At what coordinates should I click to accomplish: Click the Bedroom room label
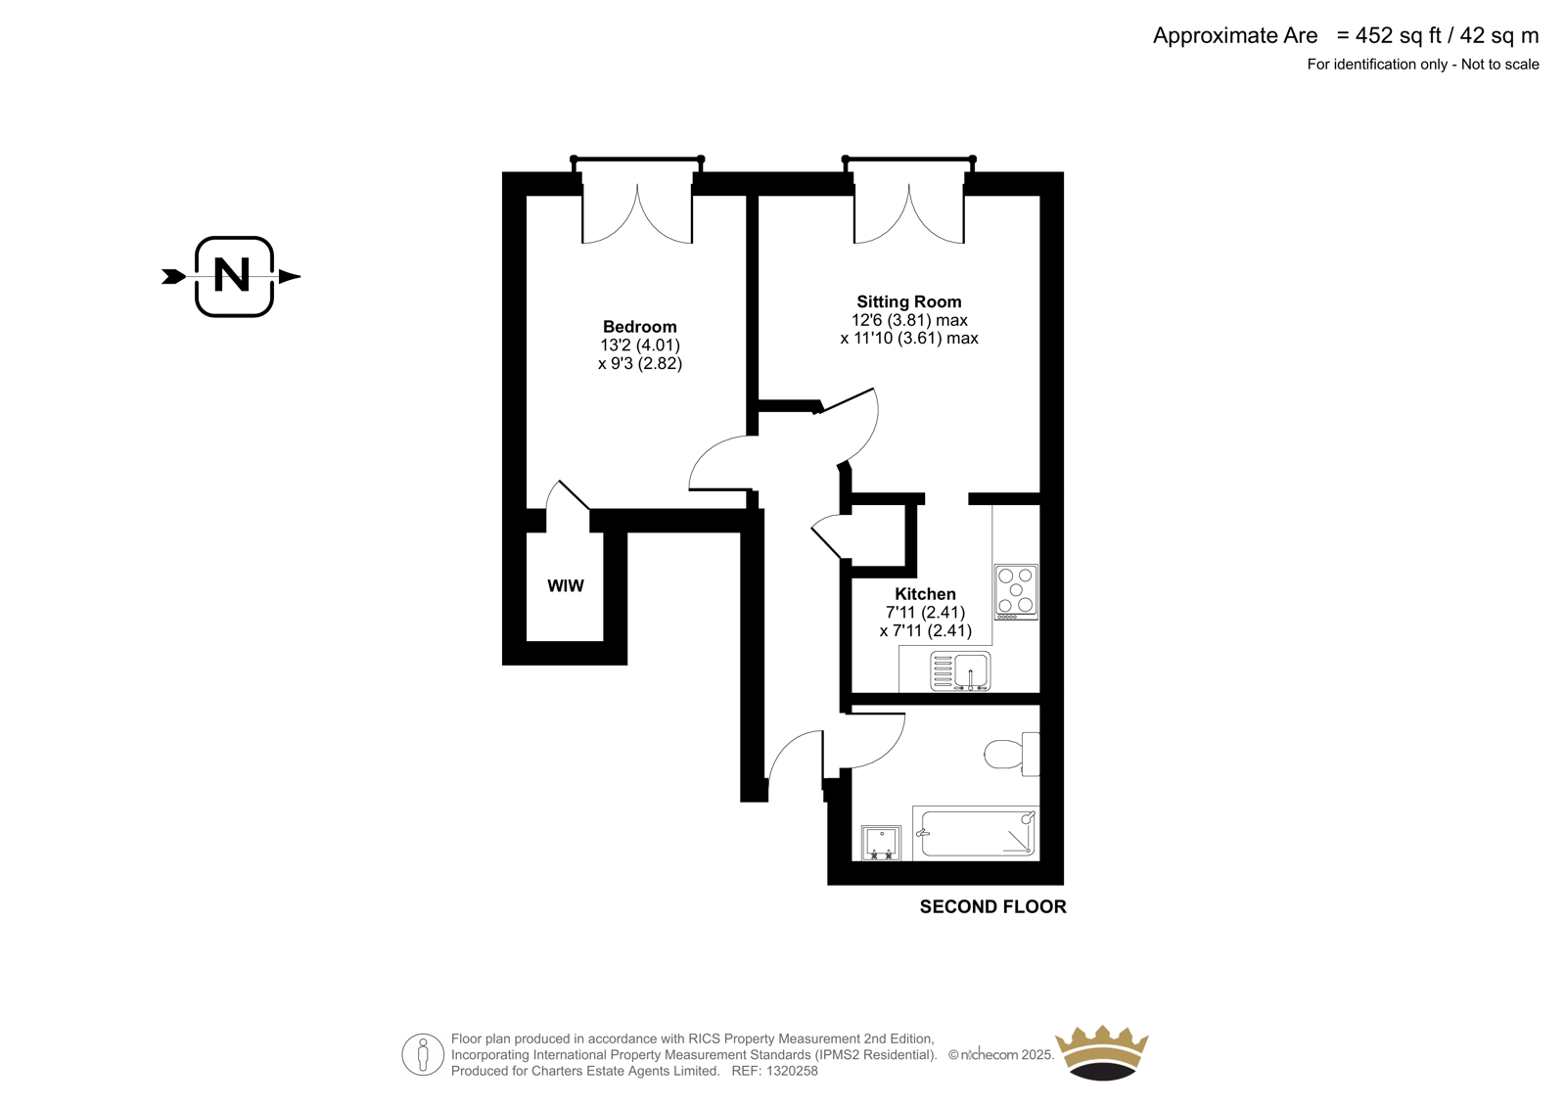click(x=640, y=327)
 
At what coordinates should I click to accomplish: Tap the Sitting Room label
click(x=909, y=302)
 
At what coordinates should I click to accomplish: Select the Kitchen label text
click(x=925, y=594)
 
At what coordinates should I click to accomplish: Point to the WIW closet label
click(x=565, y=586)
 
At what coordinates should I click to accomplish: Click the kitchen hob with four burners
click(x=1016, y=591)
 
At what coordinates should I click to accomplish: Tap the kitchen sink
click(x=960, y=671)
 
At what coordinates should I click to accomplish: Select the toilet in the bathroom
click(x=1012, y=754)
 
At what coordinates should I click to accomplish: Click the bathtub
click(x=975, y=833)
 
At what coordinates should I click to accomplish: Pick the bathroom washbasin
click(x=881, y=843)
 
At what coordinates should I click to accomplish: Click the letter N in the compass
click(x=232, y=275)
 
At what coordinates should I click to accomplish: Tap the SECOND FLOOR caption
click(x=992, y=907)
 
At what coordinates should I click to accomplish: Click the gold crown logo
click(x=1102, y=1052)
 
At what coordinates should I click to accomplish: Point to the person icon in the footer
click(x=423, y=1054)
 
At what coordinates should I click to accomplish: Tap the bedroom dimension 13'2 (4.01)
click(x=640, y=345)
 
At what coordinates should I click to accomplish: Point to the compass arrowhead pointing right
click(x=290, y=276)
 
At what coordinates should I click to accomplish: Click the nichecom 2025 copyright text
click(x=1001, y=1055)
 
